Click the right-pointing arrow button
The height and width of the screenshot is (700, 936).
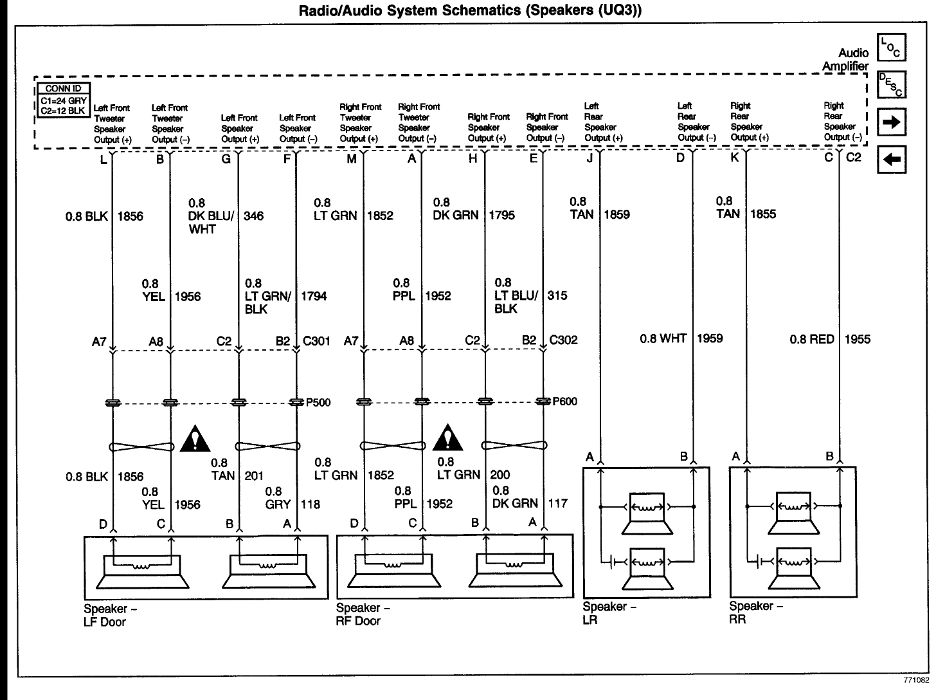(891, 122)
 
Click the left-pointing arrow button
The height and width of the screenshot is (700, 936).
(891, 160)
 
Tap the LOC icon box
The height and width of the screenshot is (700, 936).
(891, 47)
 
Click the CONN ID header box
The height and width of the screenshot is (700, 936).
(62, 89)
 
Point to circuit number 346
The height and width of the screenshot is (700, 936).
(254, 216)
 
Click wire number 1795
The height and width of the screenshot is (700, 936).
(502, 216)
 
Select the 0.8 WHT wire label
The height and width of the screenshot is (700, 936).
(663, 338)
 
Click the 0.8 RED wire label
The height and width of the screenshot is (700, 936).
(812, 339)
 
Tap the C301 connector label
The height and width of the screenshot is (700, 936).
(316, 341)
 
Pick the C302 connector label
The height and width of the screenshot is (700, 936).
(564, 340)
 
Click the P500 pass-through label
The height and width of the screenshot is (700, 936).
(318, 403)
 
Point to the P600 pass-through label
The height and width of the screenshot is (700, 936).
(565, 402)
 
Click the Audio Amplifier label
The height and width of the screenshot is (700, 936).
(845, 59)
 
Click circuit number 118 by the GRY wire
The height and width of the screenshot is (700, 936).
(310, 505)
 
